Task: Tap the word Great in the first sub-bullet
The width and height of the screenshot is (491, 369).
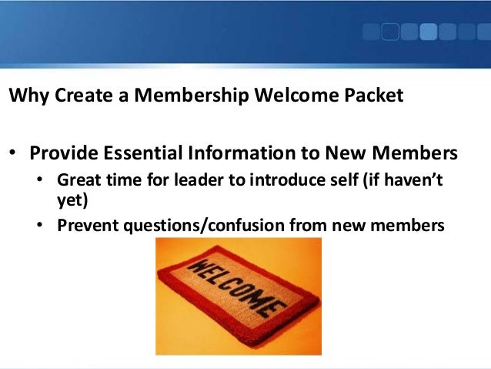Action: click(76, 180)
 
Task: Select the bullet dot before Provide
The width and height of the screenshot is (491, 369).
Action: click(13, 154)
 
